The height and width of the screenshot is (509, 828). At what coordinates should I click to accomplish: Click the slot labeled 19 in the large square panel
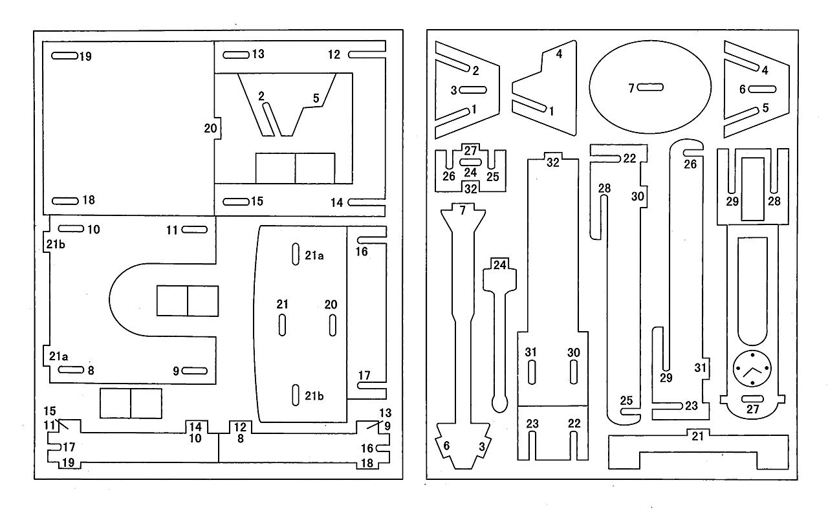64,56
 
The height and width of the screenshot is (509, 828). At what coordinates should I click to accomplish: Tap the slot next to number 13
236,55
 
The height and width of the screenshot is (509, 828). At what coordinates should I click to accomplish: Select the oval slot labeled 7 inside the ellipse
650,87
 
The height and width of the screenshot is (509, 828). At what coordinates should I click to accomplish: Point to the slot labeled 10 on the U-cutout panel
71,229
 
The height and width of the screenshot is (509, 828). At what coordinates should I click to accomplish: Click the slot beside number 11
195,230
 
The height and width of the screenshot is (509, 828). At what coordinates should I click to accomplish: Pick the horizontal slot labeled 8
71,370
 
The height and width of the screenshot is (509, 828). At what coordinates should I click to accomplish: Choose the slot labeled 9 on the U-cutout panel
195,371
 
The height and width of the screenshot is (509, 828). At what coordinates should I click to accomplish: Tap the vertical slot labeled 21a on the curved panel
296,254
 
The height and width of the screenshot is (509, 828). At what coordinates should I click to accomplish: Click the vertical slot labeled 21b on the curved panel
296,395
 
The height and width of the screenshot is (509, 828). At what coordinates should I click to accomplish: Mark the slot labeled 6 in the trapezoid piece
762,89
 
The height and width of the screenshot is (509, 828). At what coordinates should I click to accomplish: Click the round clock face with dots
752,369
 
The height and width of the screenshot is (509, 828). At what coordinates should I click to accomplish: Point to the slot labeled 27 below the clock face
752,398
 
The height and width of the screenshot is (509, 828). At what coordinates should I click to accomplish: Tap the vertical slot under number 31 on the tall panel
532,373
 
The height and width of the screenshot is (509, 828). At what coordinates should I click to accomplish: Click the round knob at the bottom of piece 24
500,404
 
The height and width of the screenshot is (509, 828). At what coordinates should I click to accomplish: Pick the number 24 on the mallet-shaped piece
500,265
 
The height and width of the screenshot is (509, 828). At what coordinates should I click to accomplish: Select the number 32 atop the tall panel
553,162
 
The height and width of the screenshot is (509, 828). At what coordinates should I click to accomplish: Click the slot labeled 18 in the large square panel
65,201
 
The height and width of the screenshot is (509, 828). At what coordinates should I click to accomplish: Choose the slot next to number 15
236,202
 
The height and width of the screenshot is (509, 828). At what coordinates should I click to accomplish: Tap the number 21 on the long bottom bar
697,437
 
